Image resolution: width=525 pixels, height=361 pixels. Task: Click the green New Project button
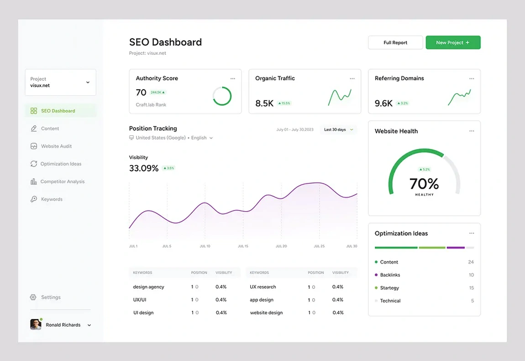(453, 42)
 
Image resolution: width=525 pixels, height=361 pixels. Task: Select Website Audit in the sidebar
(56, 146)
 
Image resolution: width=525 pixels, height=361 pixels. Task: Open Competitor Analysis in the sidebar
(62, 181)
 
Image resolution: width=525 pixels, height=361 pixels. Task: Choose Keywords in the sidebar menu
(52, 199)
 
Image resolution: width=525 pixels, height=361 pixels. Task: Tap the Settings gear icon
(33, 297)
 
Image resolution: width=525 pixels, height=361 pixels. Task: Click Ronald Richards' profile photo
(36, 324)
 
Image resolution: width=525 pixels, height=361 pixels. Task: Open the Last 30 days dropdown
(338, 130)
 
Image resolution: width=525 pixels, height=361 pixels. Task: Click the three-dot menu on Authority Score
(233, 79)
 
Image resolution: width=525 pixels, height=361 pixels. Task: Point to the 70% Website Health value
(424, 184)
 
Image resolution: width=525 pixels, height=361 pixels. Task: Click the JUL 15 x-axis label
(243, 246)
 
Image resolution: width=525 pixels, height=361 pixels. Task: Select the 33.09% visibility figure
(144, 168)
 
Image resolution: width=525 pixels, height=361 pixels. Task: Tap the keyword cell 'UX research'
(263, 287)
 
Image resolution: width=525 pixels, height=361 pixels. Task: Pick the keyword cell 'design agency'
(148, 287)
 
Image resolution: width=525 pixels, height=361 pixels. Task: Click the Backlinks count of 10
(471, 275)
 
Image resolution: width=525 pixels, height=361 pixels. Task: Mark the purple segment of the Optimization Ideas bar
(455, 248)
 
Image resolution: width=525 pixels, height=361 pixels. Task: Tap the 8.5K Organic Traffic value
(264, 104)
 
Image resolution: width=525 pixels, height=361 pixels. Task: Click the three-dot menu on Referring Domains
(472, 79)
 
